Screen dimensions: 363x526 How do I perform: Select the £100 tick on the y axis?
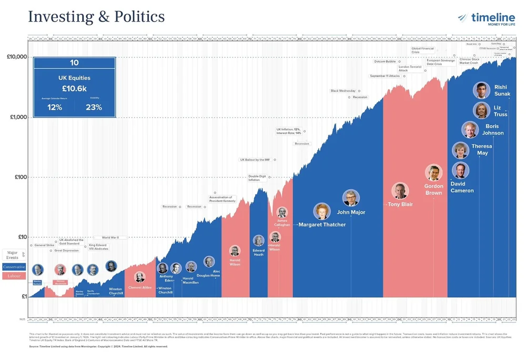pos(19,177)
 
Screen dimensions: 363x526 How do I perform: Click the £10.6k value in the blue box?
pos(74,89)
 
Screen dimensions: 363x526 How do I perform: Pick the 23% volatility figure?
pos(94,107)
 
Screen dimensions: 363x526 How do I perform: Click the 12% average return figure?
pos(55,107)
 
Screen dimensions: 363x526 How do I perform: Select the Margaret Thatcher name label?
pos(322,224)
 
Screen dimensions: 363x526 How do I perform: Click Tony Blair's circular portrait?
pos(399,191)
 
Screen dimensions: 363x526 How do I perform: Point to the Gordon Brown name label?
pos(433,190)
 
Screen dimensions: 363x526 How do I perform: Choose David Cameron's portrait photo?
pos(460,170)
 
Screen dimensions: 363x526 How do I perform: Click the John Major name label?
pos(351,212)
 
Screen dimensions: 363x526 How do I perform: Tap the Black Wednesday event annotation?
pos(343,91)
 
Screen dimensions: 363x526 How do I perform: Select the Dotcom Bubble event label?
pos(385,62)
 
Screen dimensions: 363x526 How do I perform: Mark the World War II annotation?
pos(110,238)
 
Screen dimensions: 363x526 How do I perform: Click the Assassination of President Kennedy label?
pos(220,199)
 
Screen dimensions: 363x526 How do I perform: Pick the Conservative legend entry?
pos(14,267)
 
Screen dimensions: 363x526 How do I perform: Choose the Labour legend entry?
pos(14,276)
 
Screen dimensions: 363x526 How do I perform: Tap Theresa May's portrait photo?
pos(460,150)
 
